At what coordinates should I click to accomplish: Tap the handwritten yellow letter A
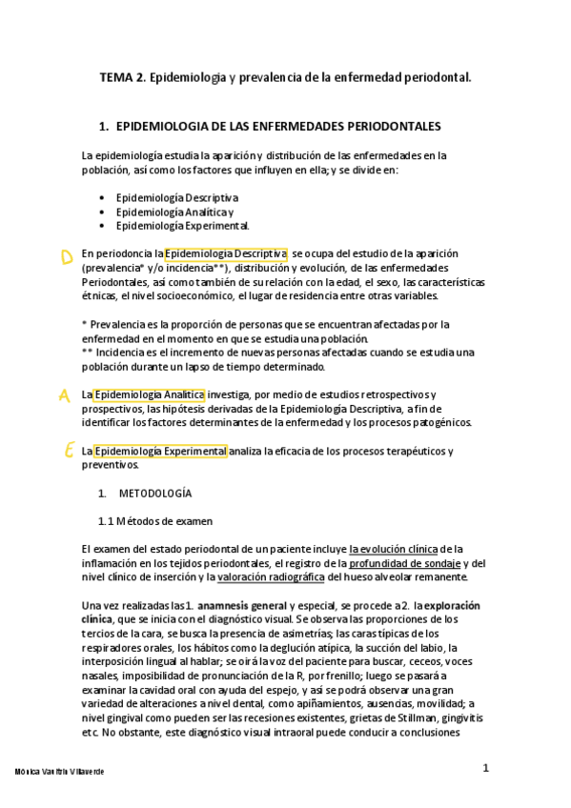click(x=65, y=395)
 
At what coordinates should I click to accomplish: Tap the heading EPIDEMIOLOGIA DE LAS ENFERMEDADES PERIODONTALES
click(x=276, y=126)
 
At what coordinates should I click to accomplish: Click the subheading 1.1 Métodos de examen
click(x=155, y=521)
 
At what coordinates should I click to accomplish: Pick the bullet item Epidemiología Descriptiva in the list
click(x=176, y=197)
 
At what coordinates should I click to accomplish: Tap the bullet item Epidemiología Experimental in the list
click(x=182, y=226)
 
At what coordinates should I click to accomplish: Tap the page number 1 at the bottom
click(x=485, y=768)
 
